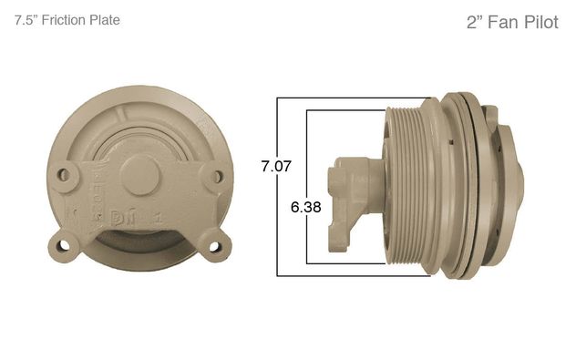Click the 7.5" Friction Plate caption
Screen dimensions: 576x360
(67, 20)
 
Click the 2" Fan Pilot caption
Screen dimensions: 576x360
(512, 23)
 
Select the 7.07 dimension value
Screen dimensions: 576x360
(276, 166)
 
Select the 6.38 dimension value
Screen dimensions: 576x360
(305, 207)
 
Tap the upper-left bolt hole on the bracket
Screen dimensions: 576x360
(64, 175)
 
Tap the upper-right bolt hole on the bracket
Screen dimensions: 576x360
(218, 177)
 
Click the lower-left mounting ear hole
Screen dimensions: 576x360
(64, 244)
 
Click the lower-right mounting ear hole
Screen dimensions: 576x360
(214, 246)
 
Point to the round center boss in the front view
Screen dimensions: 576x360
(139, 174)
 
